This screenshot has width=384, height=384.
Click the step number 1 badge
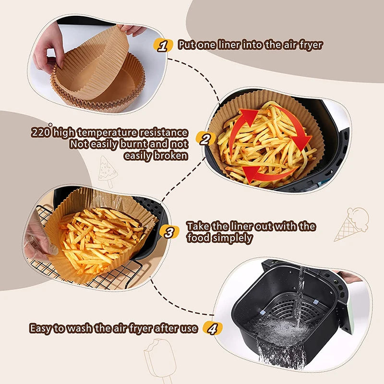(x=163, y=46)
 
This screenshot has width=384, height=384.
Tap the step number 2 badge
(x=205, y=140)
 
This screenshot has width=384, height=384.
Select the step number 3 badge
(x=169, y=233)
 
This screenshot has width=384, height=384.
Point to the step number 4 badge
(x=213, y=328)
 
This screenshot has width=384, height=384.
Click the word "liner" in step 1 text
(x=232, y=45)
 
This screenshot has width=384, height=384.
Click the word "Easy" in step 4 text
(x=41, y=329)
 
